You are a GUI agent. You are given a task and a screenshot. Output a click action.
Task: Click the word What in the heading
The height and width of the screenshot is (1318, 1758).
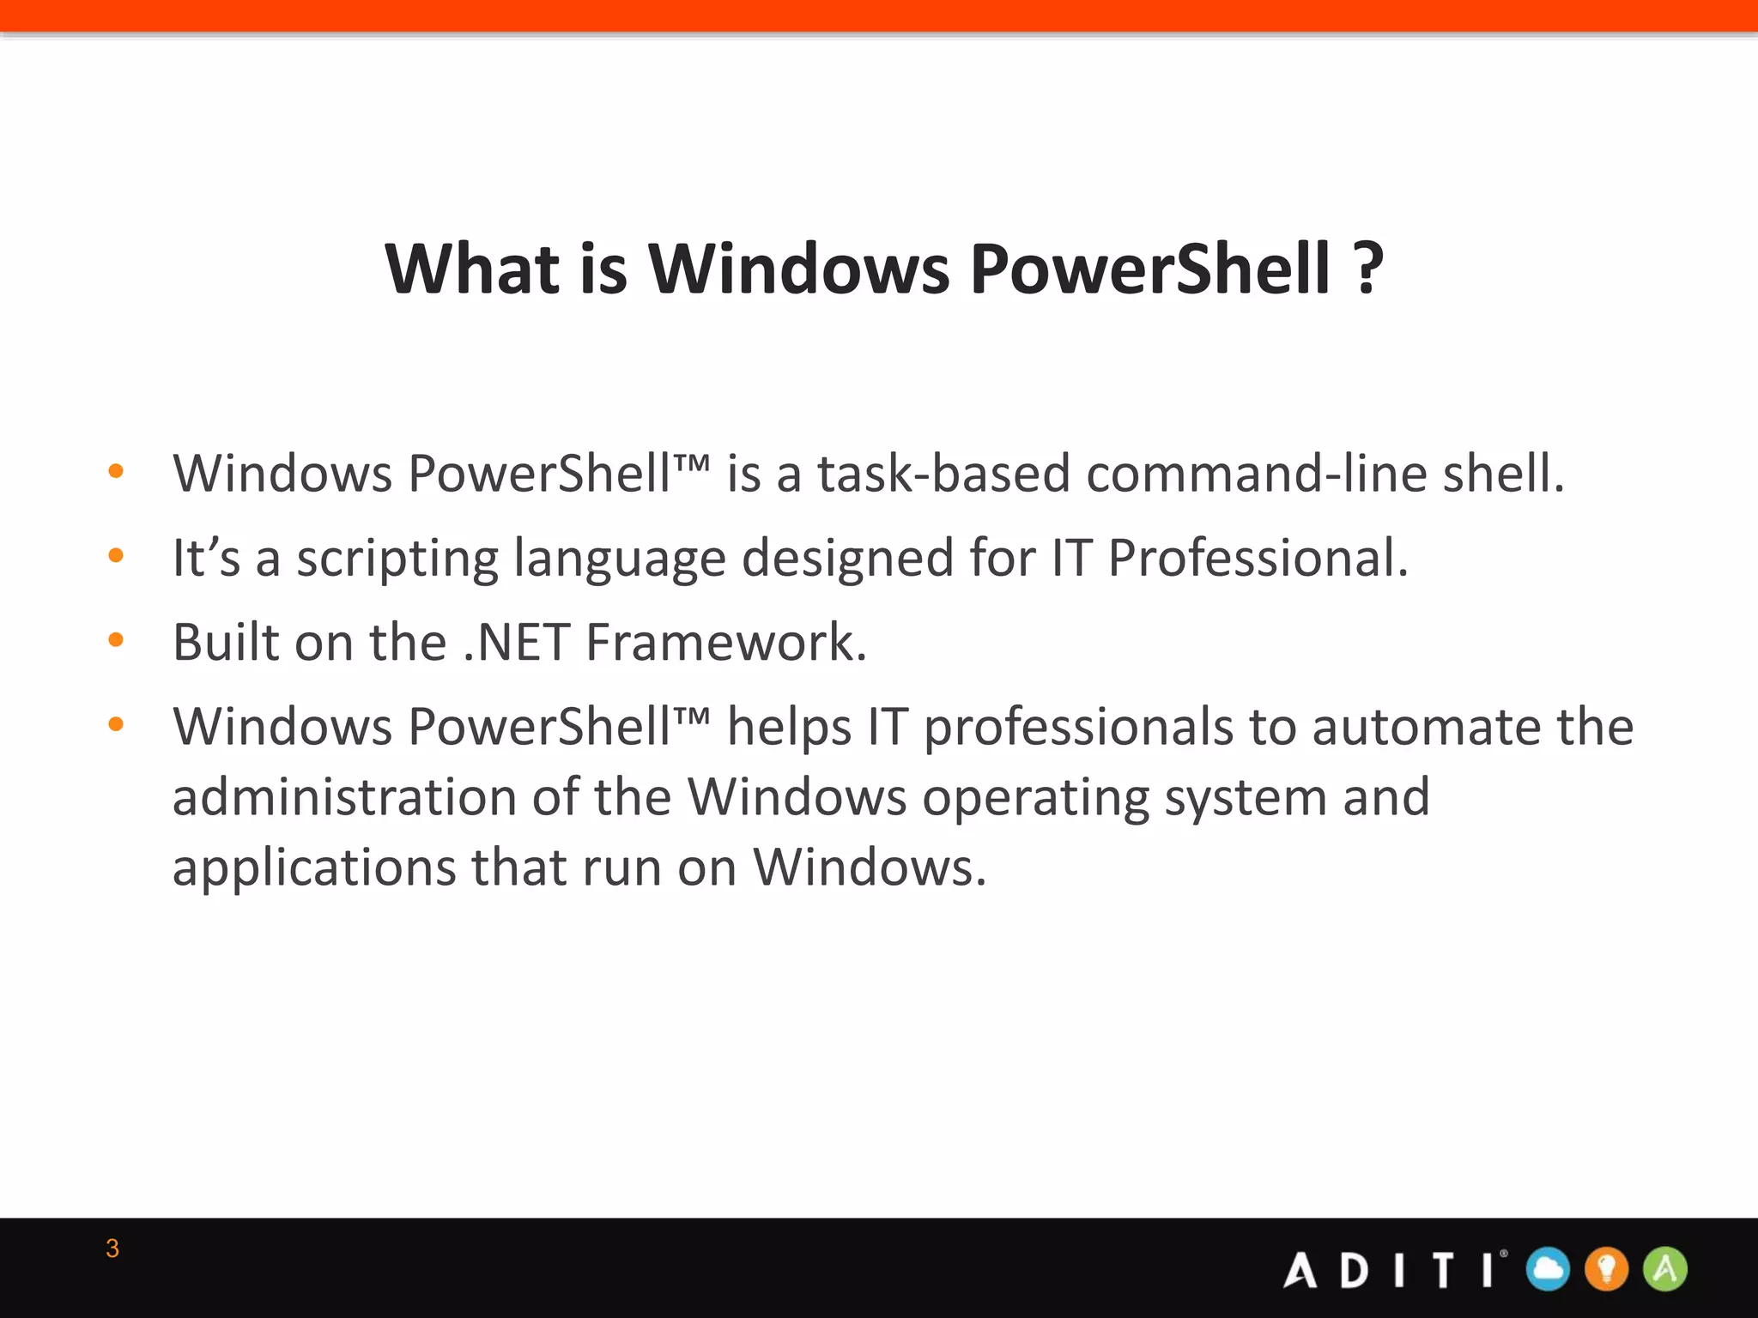pos(472,269)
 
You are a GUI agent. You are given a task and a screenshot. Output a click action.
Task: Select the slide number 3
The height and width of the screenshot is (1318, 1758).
pos(112,1248)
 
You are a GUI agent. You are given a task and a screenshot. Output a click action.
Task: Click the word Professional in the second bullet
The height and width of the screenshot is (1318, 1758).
pos(1257,558)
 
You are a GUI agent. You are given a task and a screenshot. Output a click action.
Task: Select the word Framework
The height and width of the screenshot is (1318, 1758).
pos(726,642)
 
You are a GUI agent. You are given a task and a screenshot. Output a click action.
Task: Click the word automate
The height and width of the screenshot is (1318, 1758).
pos(1426,727)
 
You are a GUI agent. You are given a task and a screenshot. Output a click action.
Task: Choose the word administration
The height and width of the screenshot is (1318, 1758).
pos(344,797)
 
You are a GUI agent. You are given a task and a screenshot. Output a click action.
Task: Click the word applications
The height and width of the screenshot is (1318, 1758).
pos(314,868)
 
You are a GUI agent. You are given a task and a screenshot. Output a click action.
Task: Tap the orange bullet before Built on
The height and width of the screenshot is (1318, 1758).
pos(116,639)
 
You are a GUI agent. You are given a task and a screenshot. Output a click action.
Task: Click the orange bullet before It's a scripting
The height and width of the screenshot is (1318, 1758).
pos(116,555)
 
